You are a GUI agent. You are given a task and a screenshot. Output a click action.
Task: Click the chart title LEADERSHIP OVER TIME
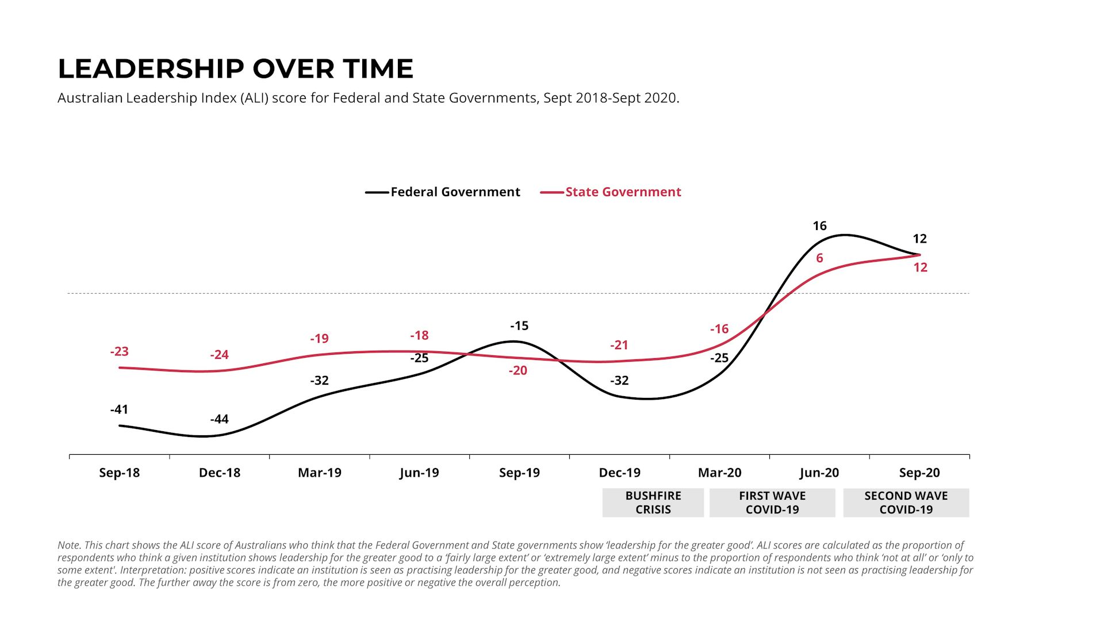[x=235, y=69]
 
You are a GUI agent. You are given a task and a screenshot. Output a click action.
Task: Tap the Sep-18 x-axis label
[x=119, y=473]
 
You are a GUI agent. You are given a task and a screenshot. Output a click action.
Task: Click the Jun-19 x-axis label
[x=419, y=473]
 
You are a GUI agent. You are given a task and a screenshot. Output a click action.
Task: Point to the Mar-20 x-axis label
[x=719, y=473]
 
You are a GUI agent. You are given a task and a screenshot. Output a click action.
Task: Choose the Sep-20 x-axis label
[x=919, y=473]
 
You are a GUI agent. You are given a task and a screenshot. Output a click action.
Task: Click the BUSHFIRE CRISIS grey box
[x=653, y=503]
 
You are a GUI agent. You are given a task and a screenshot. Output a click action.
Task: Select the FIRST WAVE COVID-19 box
[x=772, y=503]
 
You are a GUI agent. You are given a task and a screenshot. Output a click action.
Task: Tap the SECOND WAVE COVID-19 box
[x=906, y=503]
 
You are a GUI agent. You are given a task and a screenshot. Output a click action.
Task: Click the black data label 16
[x=819, y=226]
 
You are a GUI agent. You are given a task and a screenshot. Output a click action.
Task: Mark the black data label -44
[x=219, y=419]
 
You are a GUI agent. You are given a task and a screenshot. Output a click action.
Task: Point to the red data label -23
[x=119, y=351]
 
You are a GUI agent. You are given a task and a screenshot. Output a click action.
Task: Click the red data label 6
[x=819, y=258]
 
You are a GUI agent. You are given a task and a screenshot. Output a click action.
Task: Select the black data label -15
[x=519, y=326]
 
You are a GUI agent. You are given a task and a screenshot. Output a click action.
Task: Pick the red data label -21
[x=619, y=345]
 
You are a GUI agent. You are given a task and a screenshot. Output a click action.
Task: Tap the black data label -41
[x=119, y=409]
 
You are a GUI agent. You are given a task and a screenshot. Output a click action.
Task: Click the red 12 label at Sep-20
[x=920, y=267]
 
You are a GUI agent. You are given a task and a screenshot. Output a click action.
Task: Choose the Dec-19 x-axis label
[x=619, y=473]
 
